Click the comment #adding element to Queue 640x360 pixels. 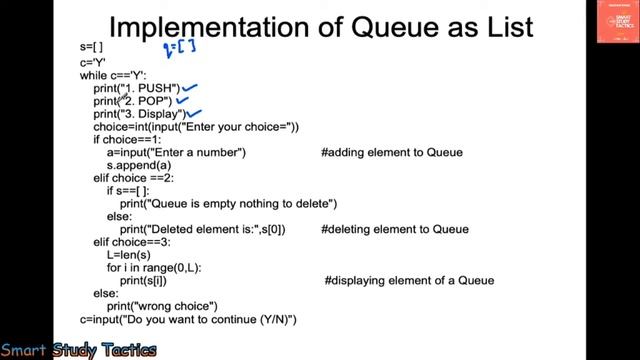tap(392, 152)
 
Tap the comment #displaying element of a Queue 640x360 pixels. tap(409, 281)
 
